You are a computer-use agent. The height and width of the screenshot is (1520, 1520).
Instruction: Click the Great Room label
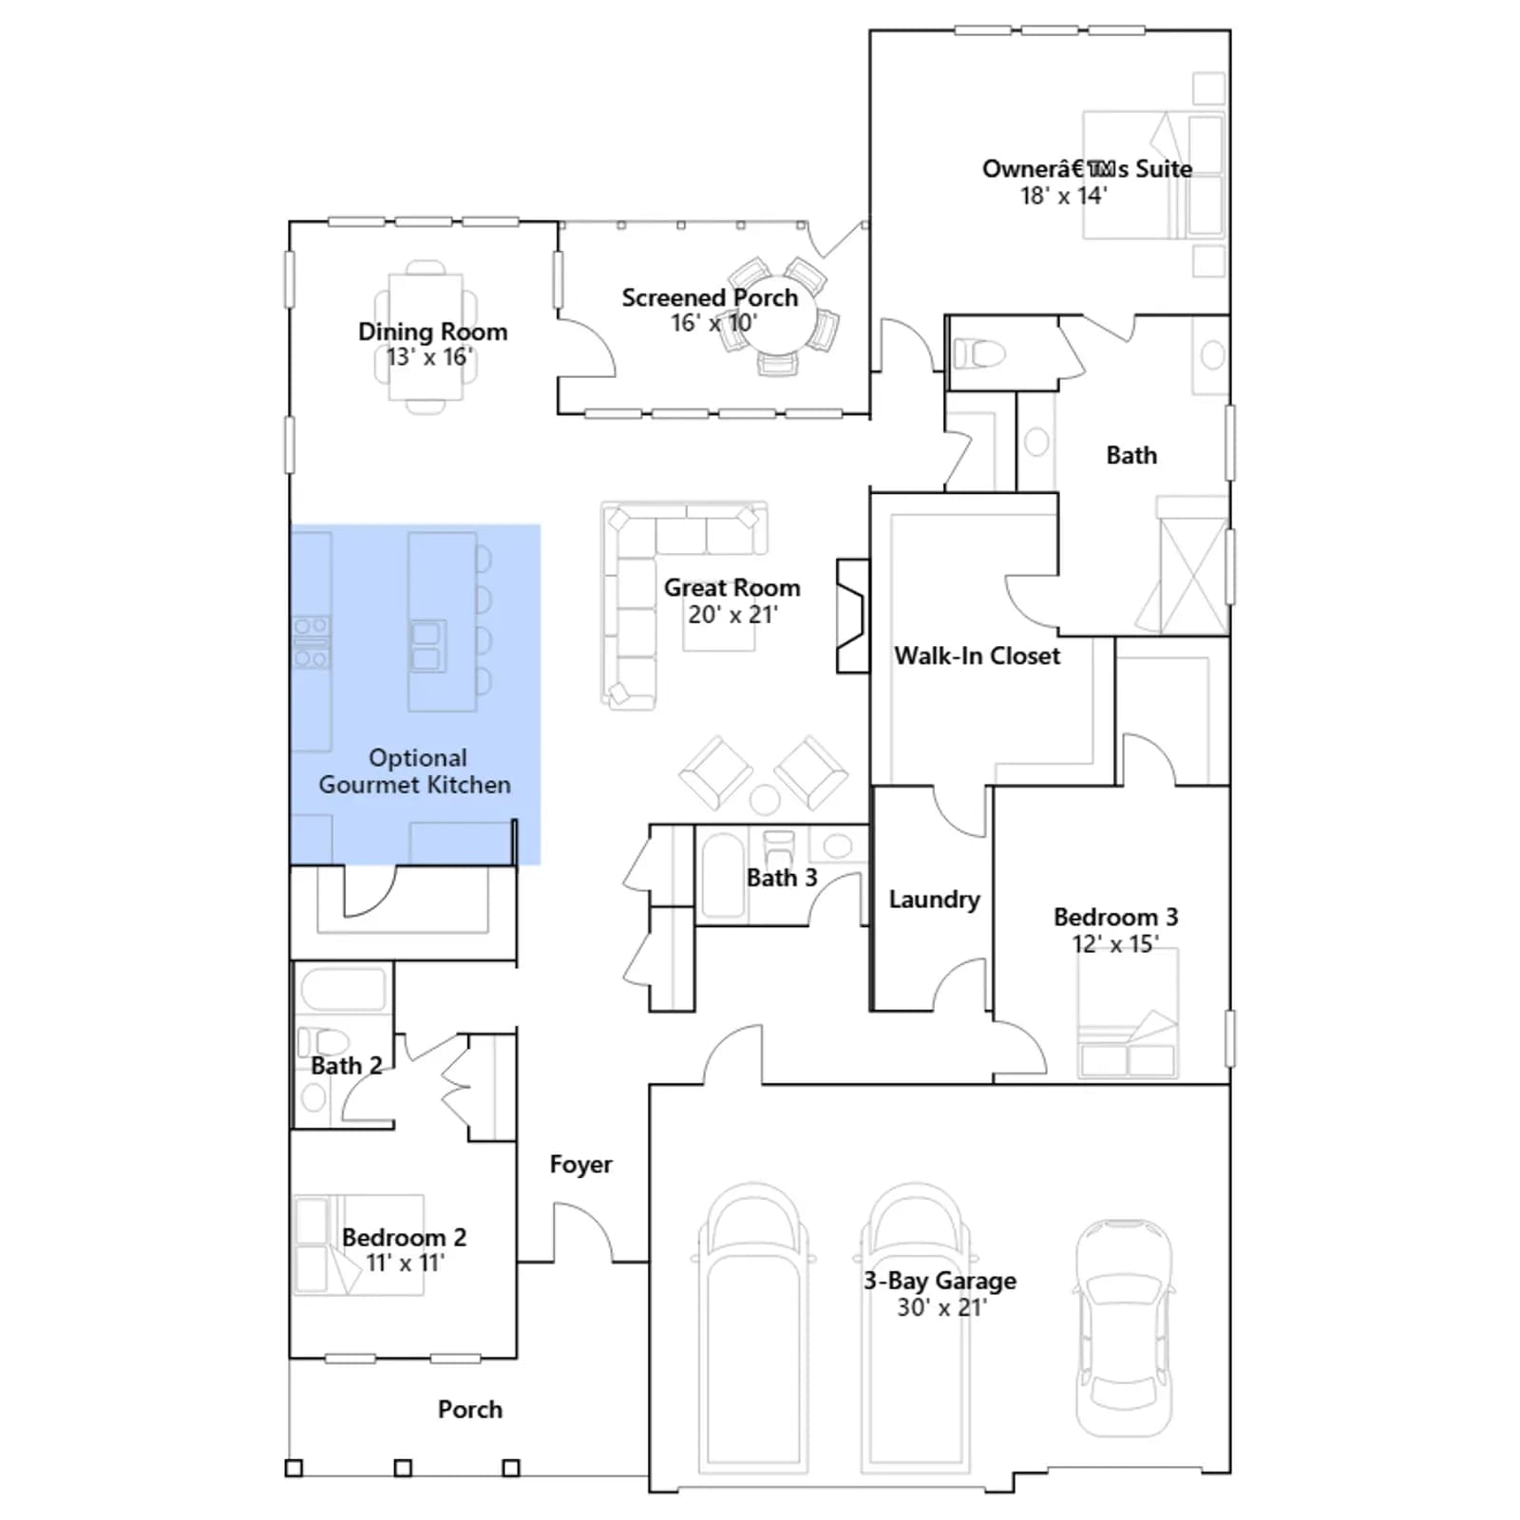(731, 588)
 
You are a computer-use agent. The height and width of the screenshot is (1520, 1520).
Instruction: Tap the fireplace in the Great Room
(852, 617)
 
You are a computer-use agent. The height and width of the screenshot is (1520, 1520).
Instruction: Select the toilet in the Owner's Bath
(978, 354)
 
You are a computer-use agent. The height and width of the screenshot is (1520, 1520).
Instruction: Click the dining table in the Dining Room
(426, 337)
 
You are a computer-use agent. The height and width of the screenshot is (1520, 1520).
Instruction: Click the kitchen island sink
(427, 646)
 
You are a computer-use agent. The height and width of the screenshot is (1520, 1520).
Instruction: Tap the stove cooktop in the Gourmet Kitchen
(311, 642)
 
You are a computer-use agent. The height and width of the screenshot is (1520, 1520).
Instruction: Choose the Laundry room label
(934, 899)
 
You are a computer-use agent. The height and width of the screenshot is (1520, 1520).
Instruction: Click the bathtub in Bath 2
(343, 990)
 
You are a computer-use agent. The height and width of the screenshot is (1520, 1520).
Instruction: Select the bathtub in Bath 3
(723, 875)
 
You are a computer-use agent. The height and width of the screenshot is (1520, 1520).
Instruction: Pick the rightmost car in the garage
(1123, 1328)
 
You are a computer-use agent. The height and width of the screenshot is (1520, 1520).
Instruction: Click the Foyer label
(580, 1165)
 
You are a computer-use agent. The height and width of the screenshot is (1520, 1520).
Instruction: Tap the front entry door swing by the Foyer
(584, 1231)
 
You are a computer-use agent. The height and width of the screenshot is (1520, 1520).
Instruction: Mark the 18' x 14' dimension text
(1063, 196)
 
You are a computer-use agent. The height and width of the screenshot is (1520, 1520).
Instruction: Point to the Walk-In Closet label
(977, 655)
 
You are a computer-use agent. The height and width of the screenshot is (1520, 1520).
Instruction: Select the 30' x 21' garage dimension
(941, 1307)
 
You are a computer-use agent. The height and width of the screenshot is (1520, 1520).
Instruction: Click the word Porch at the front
(470, 1409)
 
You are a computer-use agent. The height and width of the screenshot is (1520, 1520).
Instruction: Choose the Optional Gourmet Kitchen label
(415, 771)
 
